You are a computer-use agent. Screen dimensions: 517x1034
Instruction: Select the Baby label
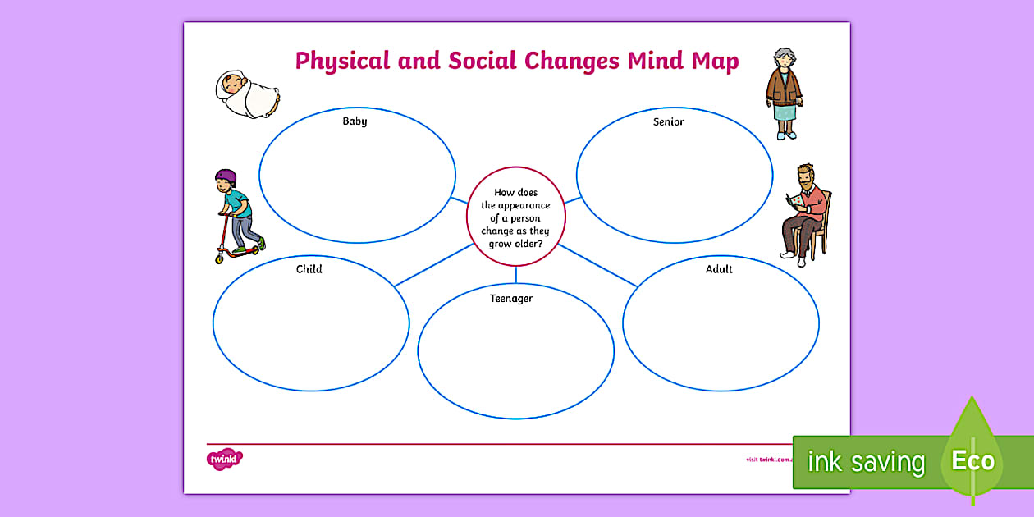click(355, 121)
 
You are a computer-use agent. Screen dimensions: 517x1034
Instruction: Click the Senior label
click(668, 121)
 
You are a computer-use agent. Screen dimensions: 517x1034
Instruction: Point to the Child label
click(309, 269)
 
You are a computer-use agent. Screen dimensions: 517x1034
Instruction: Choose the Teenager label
click(511, 299)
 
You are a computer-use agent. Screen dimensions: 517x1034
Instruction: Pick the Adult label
click(719, 269)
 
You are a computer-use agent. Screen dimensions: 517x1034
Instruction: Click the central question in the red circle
click(516, 217)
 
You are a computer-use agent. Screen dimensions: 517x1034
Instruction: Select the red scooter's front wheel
click(220, 258)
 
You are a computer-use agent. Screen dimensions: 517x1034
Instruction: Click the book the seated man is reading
click(793, 200)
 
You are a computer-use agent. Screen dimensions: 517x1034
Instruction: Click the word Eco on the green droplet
click(972, 460)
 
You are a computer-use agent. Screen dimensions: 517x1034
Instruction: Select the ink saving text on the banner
click(865, 462)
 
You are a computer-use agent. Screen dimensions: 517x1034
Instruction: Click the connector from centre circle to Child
click(433, 264)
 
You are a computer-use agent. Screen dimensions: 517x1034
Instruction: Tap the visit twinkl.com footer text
click(768, 460)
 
